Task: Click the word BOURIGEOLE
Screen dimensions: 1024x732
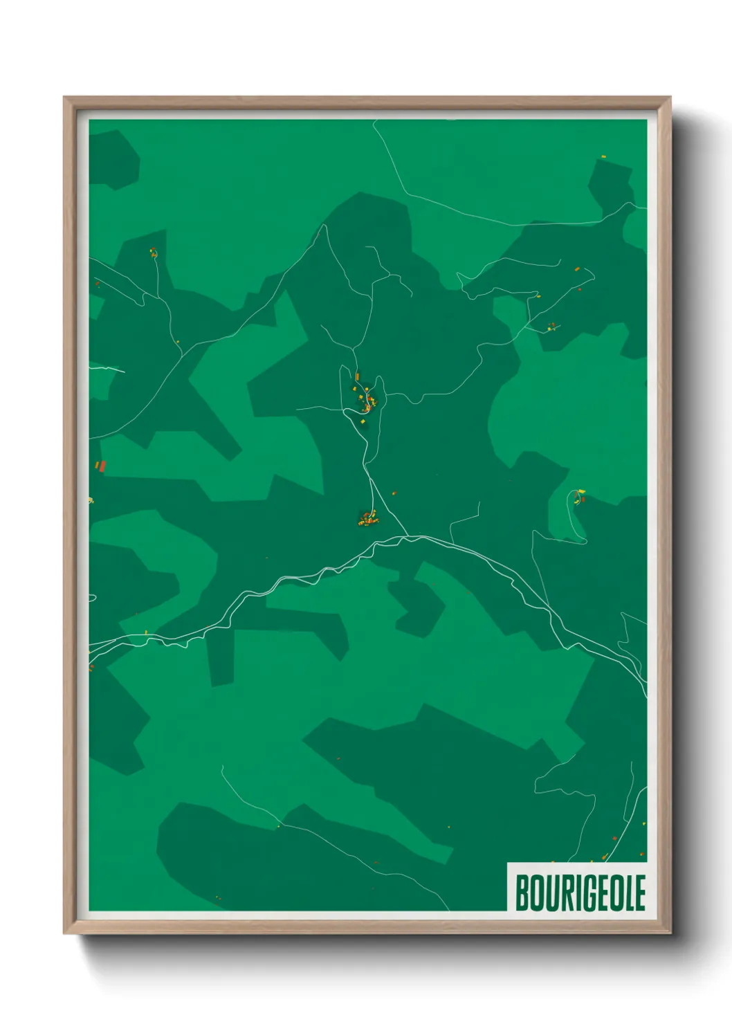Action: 580,893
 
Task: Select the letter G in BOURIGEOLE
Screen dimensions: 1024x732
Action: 585,893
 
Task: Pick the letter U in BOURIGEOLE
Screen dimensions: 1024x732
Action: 549,893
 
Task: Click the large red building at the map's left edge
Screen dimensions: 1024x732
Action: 102,466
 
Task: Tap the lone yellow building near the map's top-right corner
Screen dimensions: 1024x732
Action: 603,157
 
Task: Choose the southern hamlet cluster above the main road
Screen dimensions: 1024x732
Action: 367,518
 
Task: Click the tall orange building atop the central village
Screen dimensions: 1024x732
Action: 357,377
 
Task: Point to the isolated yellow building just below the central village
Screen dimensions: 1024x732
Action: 361,420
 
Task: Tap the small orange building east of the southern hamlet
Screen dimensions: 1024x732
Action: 394,493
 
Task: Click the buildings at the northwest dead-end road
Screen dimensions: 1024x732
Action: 152,253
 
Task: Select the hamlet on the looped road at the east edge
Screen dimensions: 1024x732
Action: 579,495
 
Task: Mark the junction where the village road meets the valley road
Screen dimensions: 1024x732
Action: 408,536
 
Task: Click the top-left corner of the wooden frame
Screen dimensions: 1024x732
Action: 64,98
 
